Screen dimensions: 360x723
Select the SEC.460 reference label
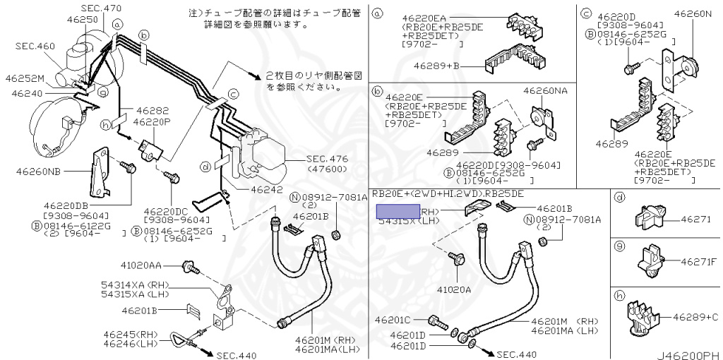coord(36,46)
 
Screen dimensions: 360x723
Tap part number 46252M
coord(25,78)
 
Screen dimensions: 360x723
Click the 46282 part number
coord(152,111)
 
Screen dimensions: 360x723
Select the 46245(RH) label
coord(131,334)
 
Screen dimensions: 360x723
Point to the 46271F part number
coord(699,262)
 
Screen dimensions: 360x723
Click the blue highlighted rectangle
coord(398,210)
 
